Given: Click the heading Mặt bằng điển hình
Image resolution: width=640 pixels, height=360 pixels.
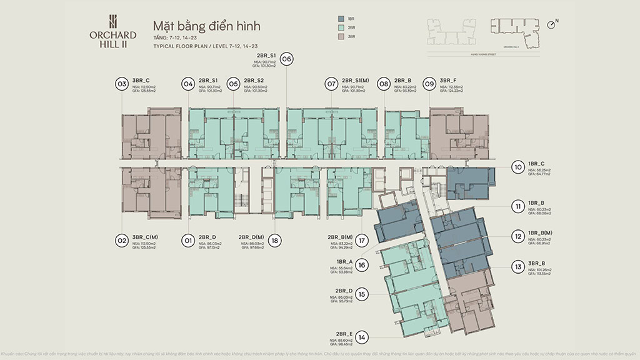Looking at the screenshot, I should point(206,26).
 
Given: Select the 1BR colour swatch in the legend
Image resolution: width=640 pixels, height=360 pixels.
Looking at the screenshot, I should point(341,19).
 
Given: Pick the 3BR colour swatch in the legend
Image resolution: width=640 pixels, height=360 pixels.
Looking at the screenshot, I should point(341,36).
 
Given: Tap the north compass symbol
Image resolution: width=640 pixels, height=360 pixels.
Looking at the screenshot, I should point(551,24).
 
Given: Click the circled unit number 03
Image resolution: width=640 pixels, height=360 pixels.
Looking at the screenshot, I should point(122,84).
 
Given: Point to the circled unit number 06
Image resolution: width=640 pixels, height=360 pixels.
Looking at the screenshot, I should point(287,59).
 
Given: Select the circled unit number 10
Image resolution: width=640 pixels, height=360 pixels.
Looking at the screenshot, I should point(517,167).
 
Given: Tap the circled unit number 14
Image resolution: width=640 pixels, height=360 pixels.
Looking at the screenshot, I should point(362,337).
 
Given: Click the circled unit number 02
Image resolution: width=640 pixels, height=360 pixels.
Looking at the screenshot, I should point(122,239).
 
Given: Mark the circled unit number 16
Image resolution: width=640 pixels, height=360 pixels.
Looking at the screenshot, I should point(362,265).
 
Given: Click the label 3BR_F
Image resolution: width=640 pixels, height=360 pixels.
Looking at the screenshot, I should point(449,81).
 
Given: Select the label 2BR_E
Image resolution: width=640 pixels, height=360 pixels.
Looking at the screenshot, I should point(344,334).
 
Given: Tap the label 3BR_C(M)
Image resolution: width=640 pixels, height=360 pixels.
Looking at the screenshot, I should point(146,237).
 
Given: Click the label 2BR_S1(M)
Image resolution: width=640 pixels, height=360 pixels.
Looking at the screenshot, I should point(357,81).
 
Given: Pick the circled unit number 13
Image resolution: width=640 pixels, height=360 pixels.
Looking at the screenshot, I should point(517,267).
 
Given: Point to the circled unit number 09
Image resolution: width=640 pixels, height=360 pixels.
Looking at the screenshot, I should point(429,84).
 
